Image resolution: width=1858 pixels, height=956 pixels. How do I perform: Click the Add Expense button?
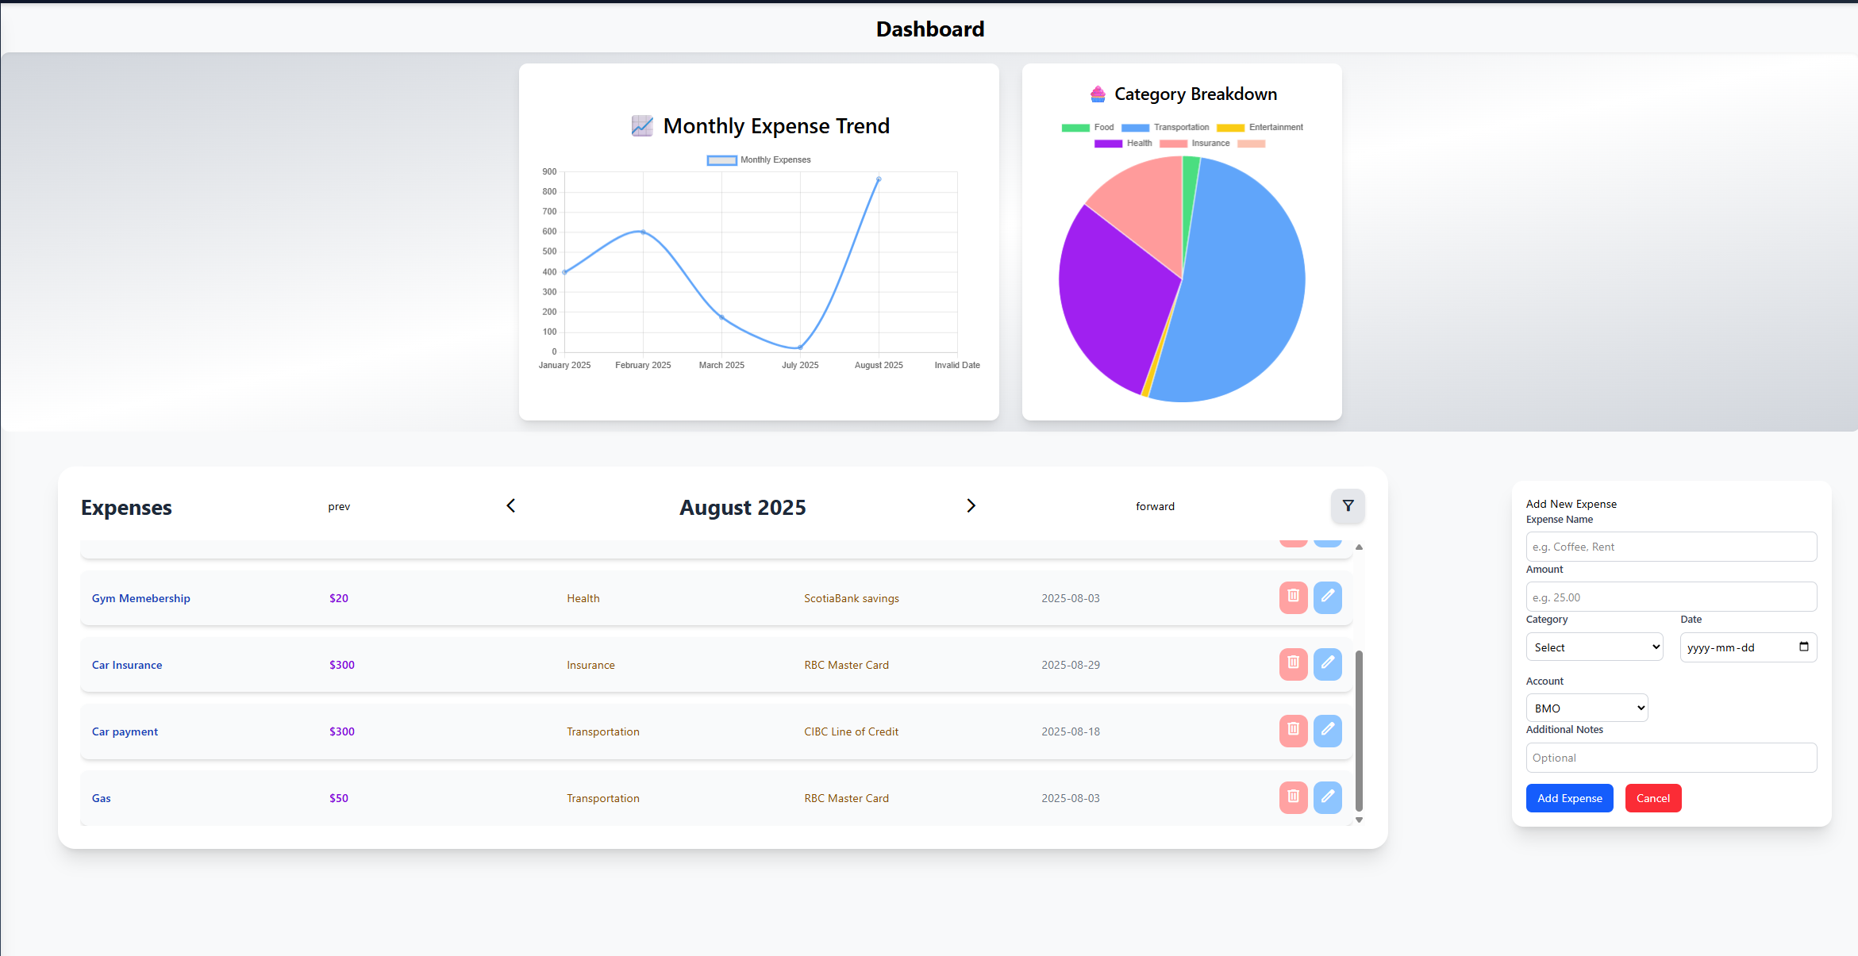pyautogui.click(x=1569, y=798)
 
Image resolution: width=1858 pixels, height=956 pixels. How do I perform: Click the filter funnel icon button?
pyautogui.click(x=1348, y=506)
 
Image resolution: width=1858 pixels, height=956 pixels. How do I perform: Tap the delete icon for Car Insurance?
pyautogui.click(x=1293, y=664)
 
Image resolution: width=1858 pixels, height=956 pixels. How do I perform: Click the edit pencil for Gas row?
pyautogui.click(x=1327, y=797)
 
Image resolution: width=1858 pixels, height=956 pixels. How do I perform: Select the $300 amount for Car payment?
pyautogui.click(x=342, y=731)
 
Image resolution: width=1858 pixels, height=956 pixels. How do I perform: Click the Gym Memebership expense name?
pyautogui.click(x=141, y=598)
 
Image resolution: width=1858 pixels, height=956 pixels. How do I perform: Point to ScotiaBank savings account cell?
pyautogui.click(x=852, y=598)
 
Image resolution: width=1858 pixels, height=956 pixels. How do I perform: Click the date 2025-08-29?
pyautogui.click(x=1071, y=665)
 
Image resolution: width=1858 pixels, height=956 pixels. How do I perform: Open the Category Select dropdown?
pyautogui.click(x=1594, y=647)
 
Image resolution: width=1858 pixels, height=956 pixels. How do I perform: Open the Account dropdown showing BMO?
pyautogui.click(x=1587, y=708)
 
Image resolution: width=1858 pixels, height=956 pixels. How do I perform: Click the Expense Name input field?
pyautogui.click(x=1671, y=547)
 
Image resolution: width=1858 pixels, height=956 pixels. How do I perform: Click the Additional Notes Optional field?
pyautogui.click(x=1671, y=758)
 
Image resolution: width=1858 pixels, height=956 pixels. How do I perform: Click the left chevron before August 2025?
pyautogui.click(x=511, y=506)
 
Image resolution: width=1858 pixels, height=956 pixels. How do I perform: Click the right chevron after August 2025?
pyautogui.click(x=971, y=506)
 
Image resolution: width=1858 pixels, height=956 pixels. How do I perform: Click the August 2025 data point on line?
pyautogui.click(x=879, y=179)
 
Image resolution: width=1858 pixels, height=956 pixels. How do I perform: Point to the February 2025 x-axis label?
pyautogui.click(x=643, y=365)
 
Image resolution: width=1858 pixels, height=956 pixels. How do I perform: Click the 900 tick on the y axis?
pyautogui.click(x=549, y=171)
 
